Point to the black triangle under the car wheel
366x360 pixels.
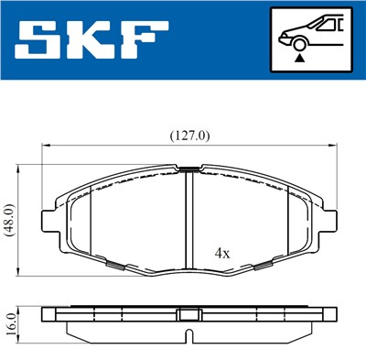tap(299, 57)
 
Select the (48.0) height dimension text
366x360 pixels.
tap(8, 221)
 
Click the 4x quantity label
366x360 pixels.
tap(222, 251)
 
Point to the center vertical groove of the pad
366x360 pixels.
tap(188, 220)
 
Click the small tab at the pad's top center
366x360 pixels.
tap(188, 169)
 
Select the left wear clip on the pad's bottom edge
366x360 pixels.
tap(116, 267)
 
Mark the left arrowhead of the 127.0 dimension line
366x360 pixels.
tap(45, 145)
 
